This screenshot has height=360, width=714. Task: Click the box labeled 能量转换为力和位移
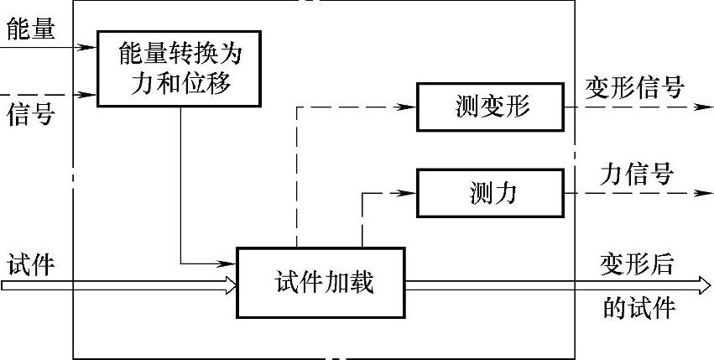click(180, 69)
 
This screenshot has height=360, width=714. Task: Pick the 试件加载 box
click(320, 283)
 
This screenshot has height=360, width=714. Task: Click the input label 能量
click(29, 30)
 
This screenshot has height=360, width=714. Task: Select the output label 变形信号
click(634, 86)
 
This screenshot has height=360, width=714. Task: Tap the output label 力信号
click(637, 174)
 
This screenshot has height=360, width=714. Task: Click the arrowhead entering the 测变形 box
click(409, 107)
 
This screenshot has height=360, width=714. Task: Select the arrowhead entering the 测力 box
click(409, 192)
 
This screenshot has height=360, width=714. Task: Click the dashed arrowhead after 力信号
click(703, 193)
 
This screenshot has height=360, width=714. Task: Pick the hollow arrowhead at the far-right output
click(703, 285)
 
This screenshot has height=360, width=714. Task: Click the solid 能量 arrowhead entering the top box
click(90, 46)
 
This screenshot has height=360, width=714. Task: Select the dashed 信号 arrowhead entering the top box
click(90, 93)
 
